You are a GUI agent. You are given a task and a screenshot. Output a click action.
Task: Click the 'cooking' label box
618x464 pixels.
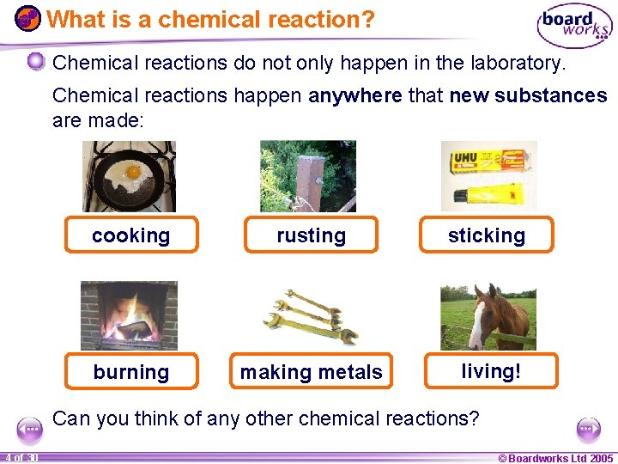click(131, 235)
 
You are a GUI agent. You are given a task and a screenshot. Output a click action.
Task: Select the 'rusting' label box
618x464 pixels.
click(311, 235)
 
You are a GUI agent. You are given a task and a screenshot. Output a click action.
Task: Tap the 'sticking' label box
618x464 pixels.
click(486, 235)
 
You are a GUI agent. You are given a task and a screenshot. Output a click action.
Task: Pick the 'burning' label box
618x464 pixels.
click(131, 371)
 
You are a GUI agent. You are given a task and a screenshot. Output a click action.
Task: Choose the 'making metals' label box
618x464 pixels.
click(311, 371)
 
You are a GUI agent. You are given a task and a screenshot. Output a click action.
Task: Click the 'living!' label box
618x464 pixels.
click(490, 370)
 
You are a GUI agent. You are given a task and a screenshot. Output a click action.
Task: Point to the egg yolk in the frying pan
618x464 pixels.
click(133, 172)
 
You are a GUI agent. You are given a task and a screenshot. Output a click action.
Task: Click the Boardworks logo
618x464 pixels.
click(573, 27)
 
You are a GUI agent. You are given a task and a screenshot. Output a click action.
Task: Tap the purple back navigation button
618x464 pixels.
click(30, 428)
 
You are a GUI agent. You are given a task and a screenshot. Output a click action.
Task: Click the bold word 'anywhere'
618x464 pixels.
click(354, 95)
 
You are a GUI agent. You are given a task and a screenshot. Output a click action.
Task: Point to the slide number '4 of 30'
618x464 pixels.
click(21, 458)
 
